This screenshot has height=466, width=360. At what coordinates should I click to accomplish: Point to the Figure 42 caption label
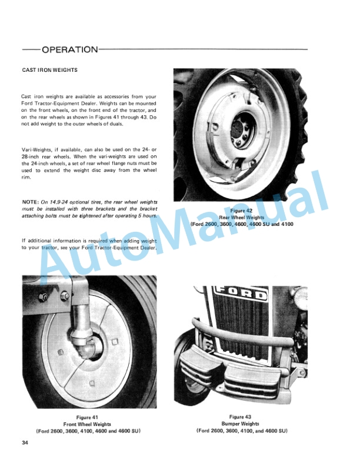point(242,210)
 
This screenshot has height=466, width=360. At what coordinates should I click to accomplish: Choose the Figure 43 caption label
point(241,417)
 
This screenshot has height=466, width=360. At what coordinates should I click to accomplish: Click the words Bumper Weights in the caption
point(241,424)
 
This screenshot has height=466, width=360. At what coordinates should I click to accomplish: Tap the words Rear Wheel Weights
point(242,217)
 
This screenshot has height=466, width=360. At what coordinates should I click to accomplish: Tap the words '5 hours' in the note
point(146,217)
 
